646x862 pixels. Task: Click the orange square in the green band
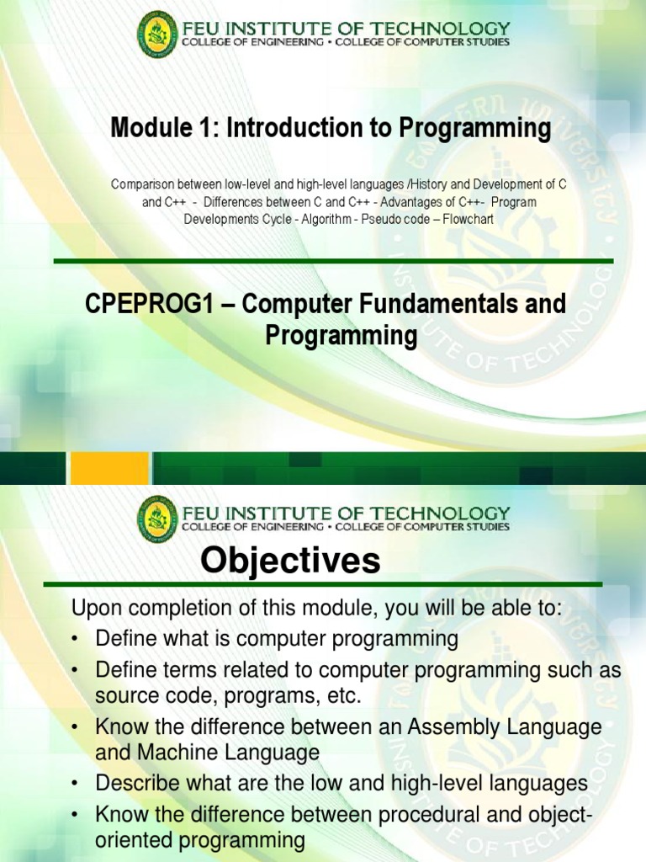(x=110, y=468)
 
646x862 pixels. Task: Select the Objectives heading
(x=290, y=561)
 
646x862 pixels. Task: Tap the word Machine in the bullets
(x=167, y=752)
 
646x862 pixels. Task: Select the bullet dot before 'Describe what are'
(x=76, y=784)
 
